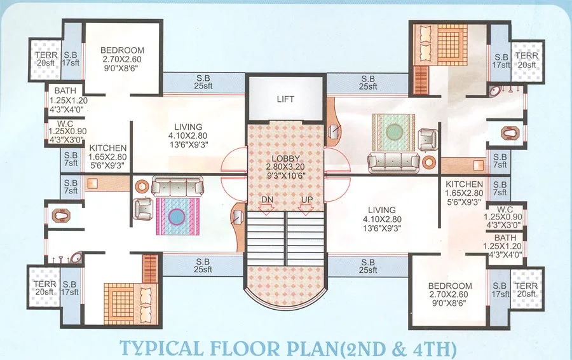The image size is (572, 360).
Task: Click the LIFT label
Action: click(x=285, y=99)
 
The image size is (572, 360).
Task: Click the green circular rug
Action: click(x=394, y=131)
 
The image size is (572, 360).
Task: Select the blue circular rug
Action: click(x=177, y=215)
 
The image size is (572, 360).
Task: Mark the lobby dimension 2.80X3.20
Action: click(x=285, y=167)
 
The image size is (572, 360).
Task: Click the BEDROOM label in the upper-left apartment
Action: click(x=123, y=50)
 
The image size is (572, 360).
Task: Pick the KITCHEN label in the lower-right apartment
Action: click(x=465, y=184)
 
